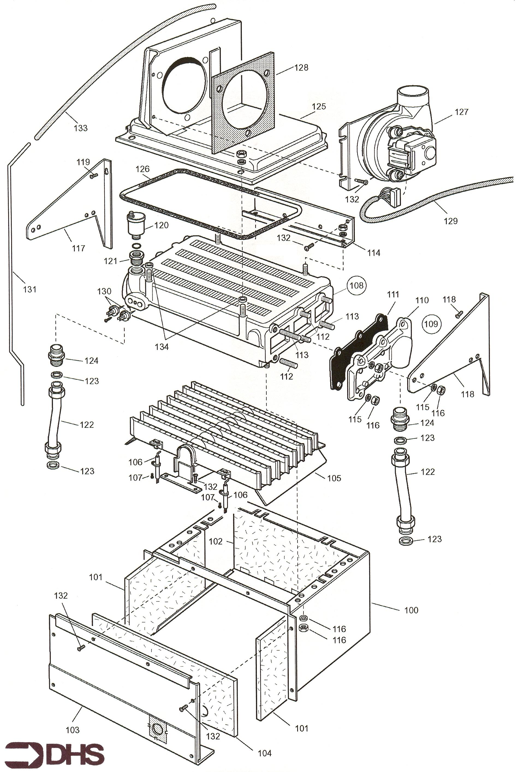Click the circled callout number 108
[x=356, y=285]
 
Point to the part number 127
[x=461, y=112]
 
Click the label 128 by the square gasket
[x=301, y=67]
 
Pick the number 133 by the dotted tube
[x=80, y=128]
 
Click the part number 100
[x=411, y=610]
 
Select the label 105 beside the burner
[x=334, y=478]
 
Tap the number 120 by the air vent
[x=161, y=225]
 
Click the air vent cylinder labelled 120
[x=134, y=225]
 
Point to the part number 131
[x=29, y=289]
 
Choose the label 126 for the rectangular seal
[x=142, y=169]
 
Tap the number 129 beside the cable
[x=451, y=221]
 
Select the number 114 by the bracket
[x=374, y=253]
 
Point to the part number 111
[x=393, y=294]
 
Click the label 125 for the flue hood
[x=318, y=106]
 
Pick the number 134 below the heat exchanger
[x=162, y=347]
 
